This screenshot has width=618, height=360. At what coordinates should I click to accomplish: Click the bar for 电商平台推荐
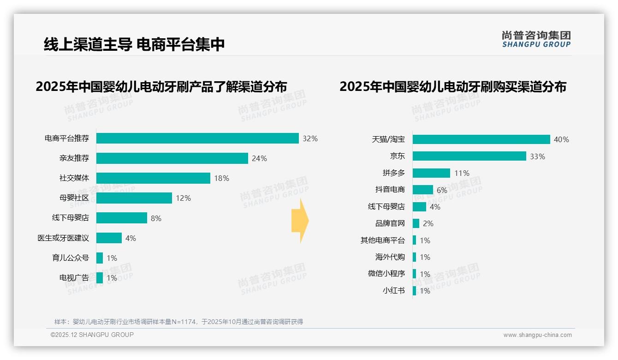pyautogui.click(x=197, y=138)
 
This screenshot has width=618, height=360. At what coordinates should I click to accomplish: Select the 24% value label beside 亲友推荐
pyautogui.click(x=259, y=158)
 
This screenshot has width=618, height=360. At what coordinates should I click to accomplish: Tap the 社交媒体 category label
pyautogui.click(x=74, y=178)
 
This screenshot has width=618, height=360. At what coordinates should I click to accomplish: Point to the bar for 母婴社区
pyautogui.click(x=134, y=198)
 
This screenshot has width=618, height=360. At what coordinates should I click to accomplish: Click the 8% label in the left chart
pyautogui.click(x=156, y=218)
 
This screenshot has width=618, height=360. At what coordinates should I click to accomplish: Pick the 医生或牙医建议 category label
pyautogui.click(x=63, y=238)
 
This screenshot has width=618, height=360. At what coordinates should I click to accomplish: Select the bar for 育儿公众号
pyautogui.click(x=100, y=258)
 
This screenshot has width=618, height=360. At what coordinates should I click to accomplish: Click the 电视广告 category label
pyautogui.click(x=74, y=278)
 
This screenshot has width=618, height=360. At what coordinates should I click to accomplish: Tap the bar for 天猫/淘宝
pyautogui.click(x=481, y=139)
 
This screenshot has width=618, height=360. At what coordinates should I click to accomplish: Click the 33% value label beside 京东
pyautogui.click(x=537, y=156)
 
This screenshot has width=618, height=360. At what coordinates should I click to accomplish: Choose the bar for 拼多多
pyautogui.click(x=431, y=173)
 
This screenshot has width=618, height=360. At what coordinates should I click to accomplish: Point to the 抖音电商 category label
pyautogui.click(x=390, y=190)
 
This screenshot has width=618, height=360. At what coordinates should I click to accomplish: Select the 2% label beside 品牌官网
pyautogui.click(x=428, y=223)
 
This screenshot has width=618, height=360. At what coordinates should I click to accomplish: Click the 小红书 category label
pyautogui.click(x=393, y=291)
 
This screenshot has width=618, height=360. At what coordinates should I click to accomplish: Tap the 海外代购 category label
pyautogui.click(x=390, y=257)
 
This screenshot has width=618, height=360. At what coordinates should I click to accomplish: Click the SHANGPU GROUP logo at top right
pyautogui.click(x=536, y=39)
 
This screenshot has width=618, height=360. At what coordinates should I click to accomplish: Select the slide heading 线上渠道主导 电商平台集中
pyautogui.click(x=134, y=44)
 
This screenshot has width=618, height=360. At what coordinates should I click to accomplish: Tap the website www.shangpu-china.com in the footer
pyautogui.click(x=537, y=335)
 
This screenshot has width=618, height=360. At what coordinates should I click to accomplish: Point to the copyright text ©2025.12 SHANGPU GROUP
pyautogui.click(x=92, y=335)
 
